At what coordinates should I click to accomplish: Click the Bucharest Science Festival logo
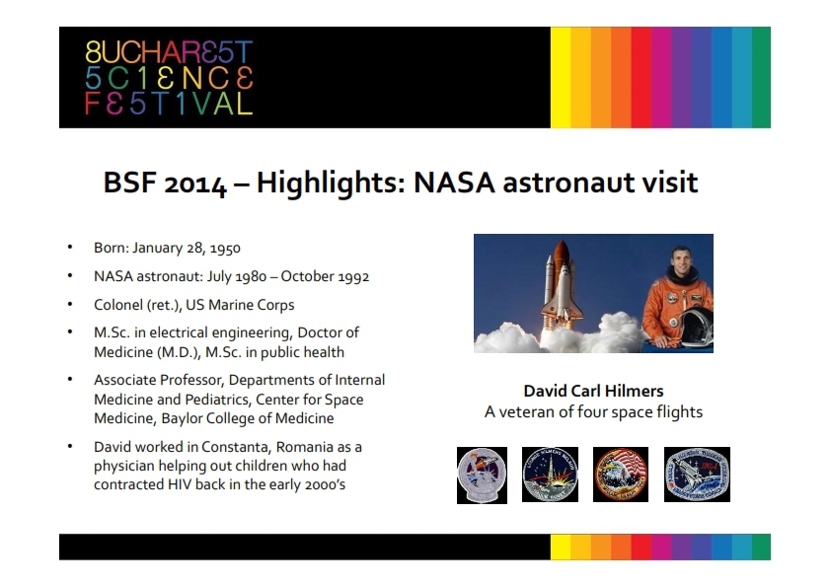(169, 78)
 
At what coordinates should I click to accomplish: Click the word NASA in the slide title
(454, 183)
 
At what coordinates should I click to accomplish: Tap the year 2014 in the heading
(195, 183)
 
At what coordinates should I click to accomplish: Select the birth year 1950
(225, 248)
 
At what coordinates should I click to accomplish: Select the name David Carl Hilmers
(593, 391)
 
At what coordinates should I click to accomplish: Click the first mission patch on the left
(482, 476)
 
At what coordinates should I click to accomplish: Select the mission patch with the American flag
(621, 475)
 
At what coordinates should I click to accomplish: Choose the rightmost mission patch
(697, 475)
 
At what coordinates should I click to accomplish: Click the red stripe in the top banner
(642, 77)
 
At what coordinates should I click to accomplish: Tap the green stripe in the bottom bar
(761, 547)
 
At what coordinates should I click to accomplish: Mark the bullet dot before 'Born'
(70, 247)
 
